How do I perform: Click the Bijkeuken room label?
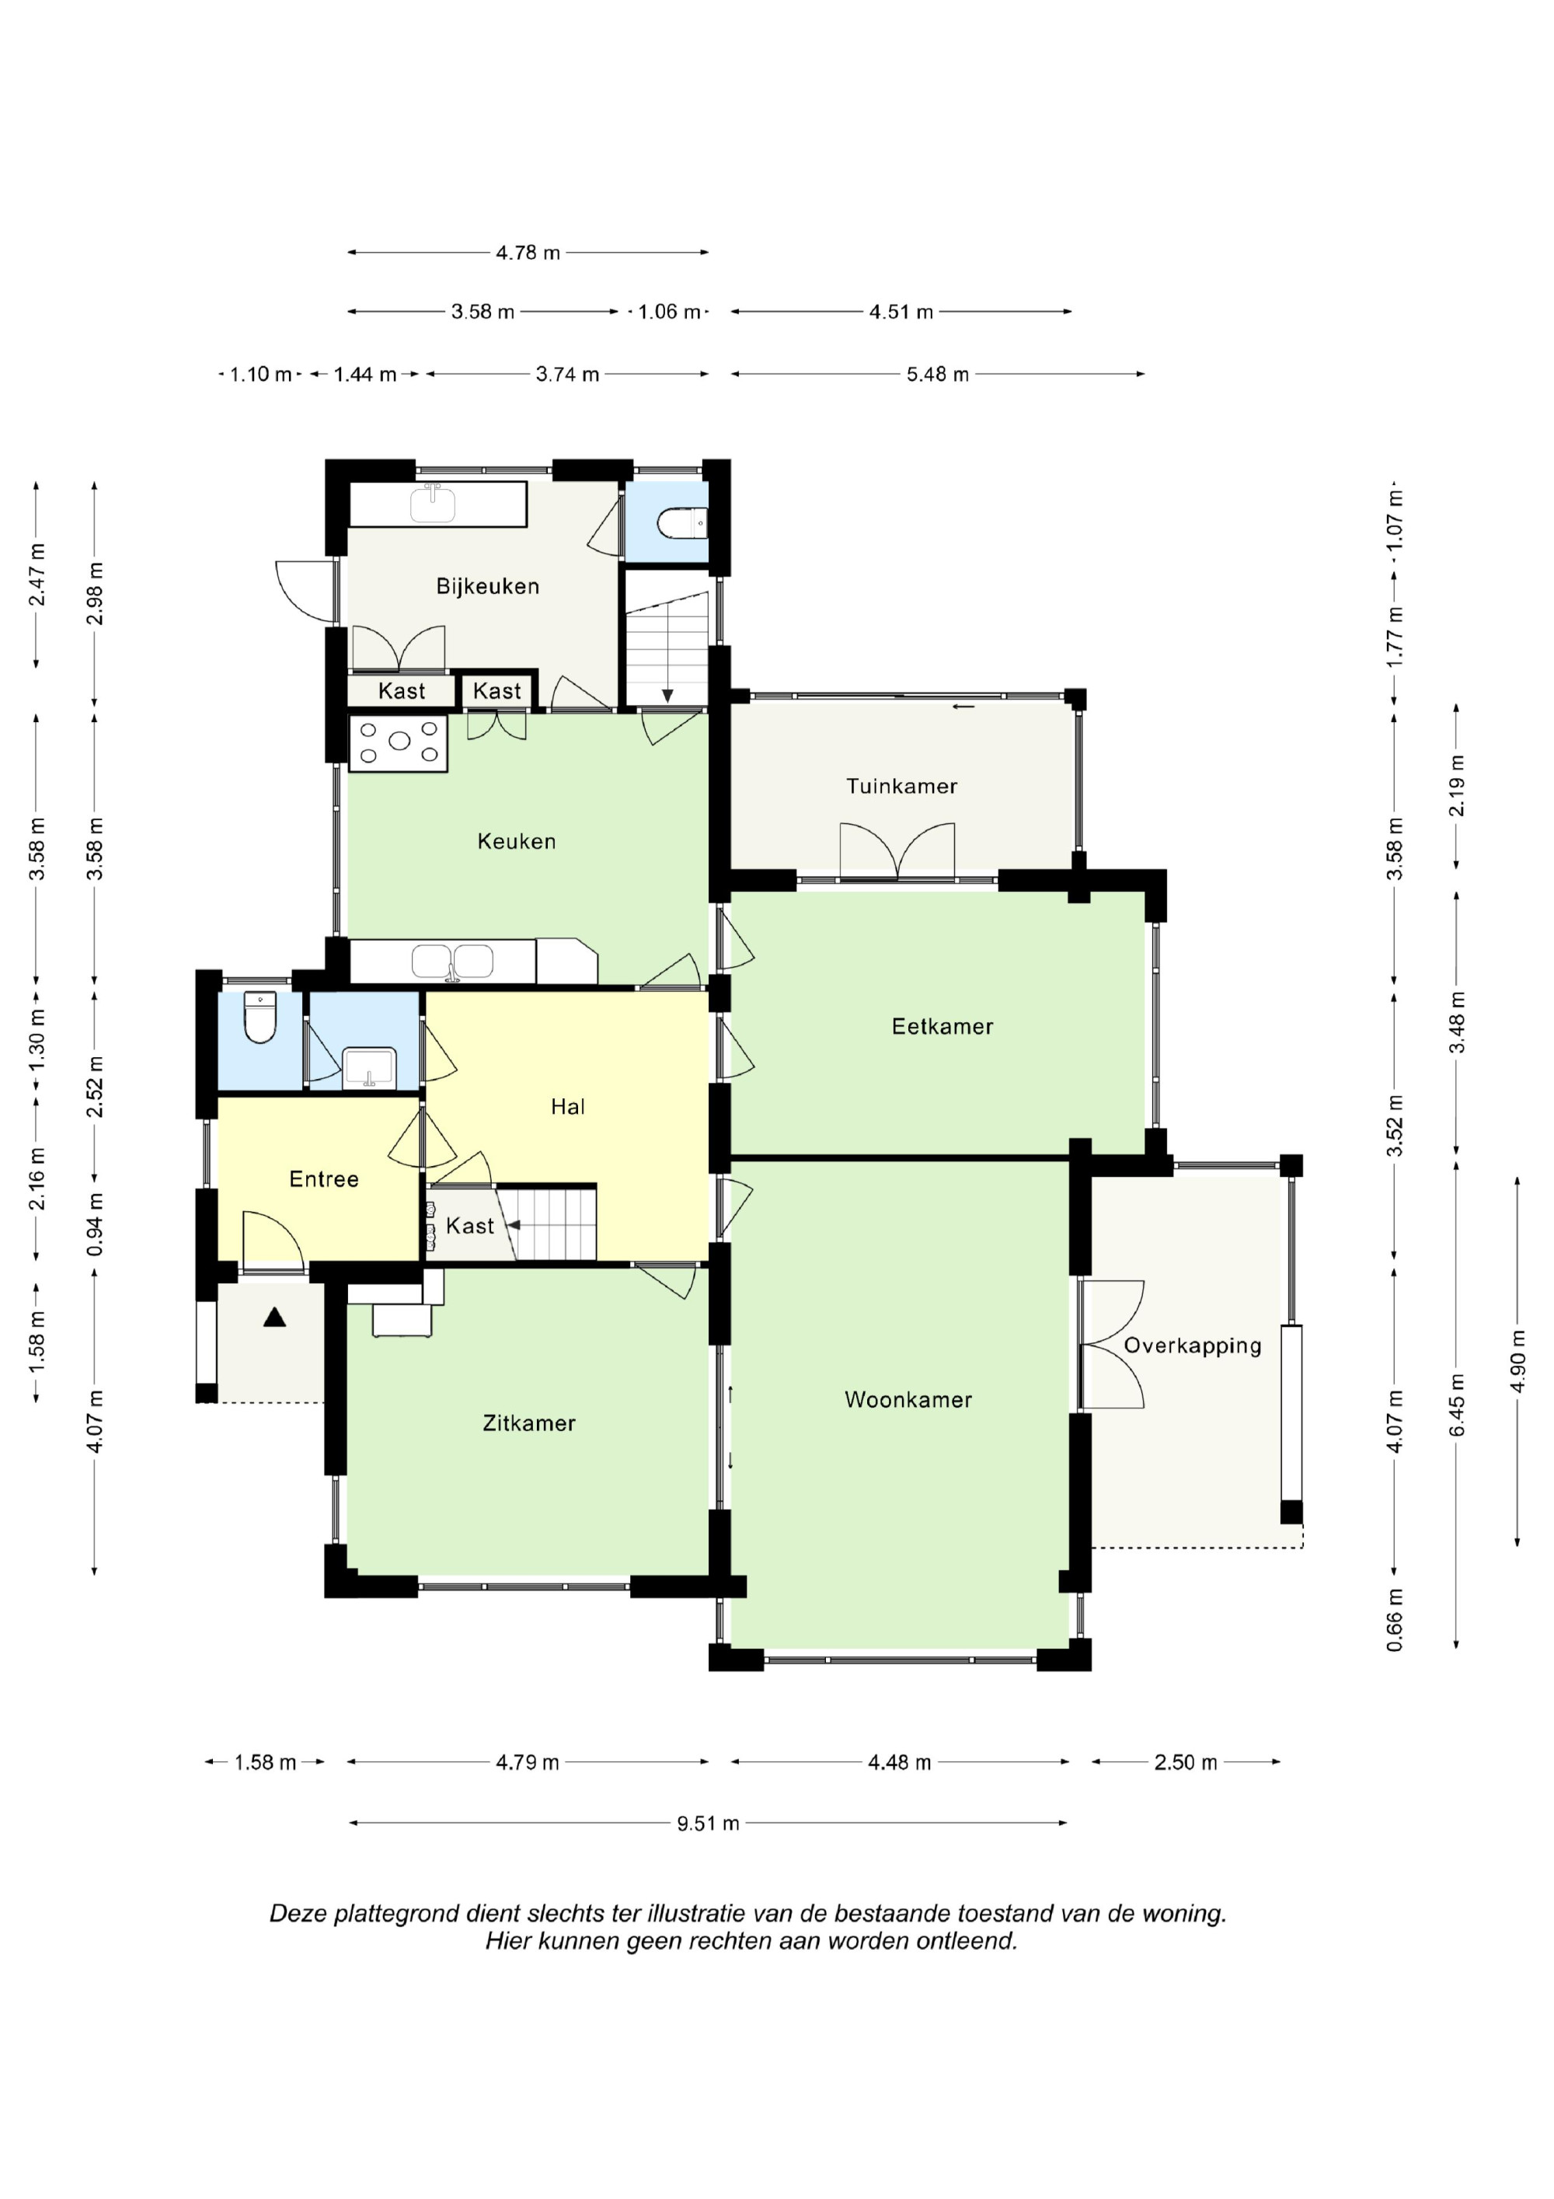tap(487, 586)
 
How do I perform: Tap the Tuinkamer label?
tap(901, 787)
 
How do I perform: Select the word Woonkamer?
tap(908, 1399)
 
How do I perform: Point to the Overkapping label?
tap(1192, 1346)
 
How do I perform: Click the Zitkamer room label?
tap(528, 1423)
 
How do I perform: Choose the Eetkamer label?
tap(943, 1027)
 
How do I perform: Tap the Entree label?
tap(324, 1179)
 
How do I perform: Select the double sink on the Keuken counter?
tap(453, 961)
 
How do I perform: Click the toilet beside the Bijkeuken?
tap(683, 524)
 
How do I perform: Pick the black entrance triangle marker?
tap(275, 1318)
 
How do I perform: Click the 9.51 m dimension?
tap(708, 1823)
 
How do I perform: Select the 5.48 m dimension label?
tap(937, 375)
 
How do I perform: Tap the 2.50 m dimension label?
tap(1186, 1762)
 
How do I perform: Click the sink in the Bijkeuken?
tap(433, 503)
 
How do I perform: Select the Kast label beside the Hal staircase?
tap(469, 1226)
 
